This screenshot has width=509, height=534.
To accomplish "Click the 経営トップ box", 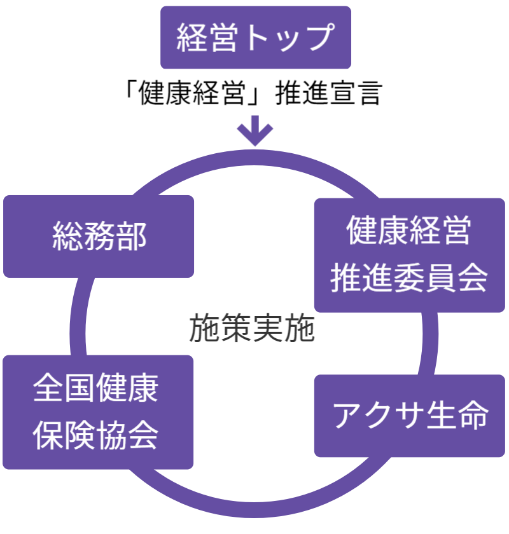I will click(256, 38).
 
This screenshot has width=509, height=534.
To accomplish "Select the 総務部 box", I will click(99, 236).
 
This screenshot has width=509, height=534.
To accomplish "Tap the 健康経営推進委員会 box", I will click(409, 255).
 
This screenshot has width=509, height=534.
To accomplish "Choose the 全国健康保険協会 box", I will click(98, 412).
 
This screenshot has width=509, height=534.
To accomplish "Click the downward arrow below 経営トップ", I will click(254, 130).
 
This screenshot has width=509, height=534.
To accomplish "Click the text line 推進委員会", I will click(409, 278).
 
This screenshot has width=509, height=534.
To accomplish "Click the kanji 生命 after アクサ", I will click(456, 416).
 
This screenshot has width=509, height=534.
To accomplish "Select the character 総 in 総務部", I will click(67, 236).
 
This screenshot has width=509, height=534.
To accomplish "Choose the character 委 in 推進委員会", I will click(409, 278).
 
